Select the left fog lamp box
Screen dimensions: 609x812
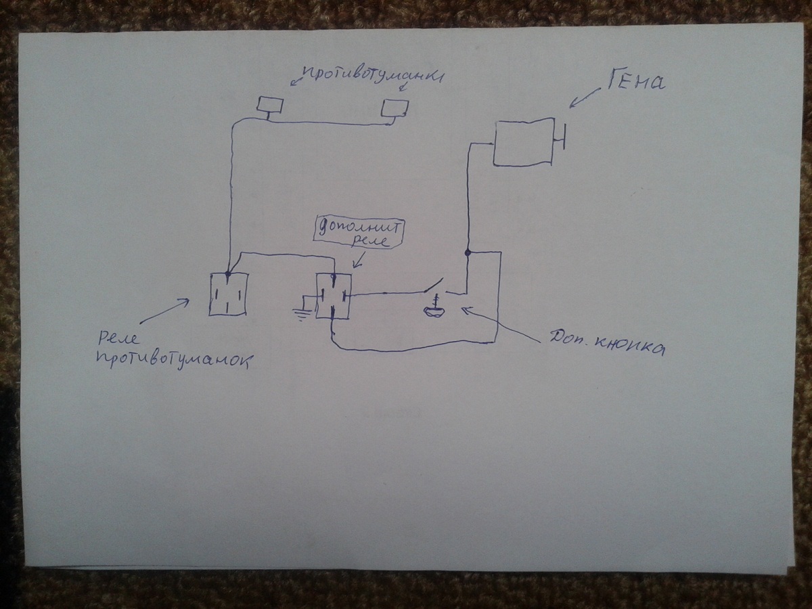point(270,105)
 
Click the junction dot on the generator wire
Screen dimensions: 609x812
point(468,253)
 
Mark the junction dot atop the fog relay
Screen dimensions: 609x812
point(227,274)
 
